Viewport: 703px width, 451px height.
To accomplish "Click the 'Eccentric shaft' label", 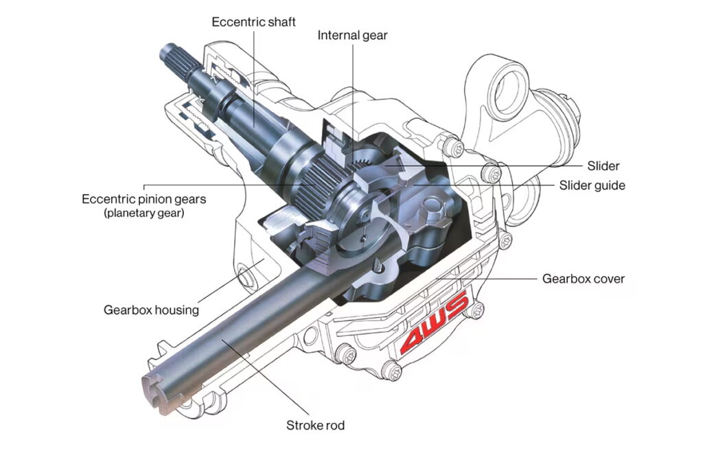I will (253, 22).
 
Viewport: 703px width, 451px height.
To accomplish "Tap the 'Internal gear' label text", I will (352, 35).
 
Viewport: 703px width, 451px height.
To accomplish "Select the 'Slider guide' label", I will (592, 185).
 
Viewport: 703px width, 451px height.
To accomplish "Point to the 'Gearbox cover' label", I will (584, 279).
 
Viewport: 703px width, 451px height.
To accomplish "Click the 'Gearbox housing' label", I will (151, 310).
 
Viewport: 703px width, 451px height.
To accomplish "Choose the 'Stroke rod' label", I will (315, 426).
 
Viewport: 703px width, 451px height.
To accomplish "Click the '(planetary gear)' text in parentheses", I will (144, 213).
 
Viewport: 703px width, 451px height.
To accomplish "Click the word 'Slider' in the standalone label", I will (603, 166).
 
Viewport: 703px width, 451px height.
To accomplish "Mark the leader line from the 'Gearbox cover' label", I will (508, 279).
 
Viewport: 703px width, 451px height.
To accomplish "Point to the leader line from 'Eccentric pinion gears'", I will (227, 185).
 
